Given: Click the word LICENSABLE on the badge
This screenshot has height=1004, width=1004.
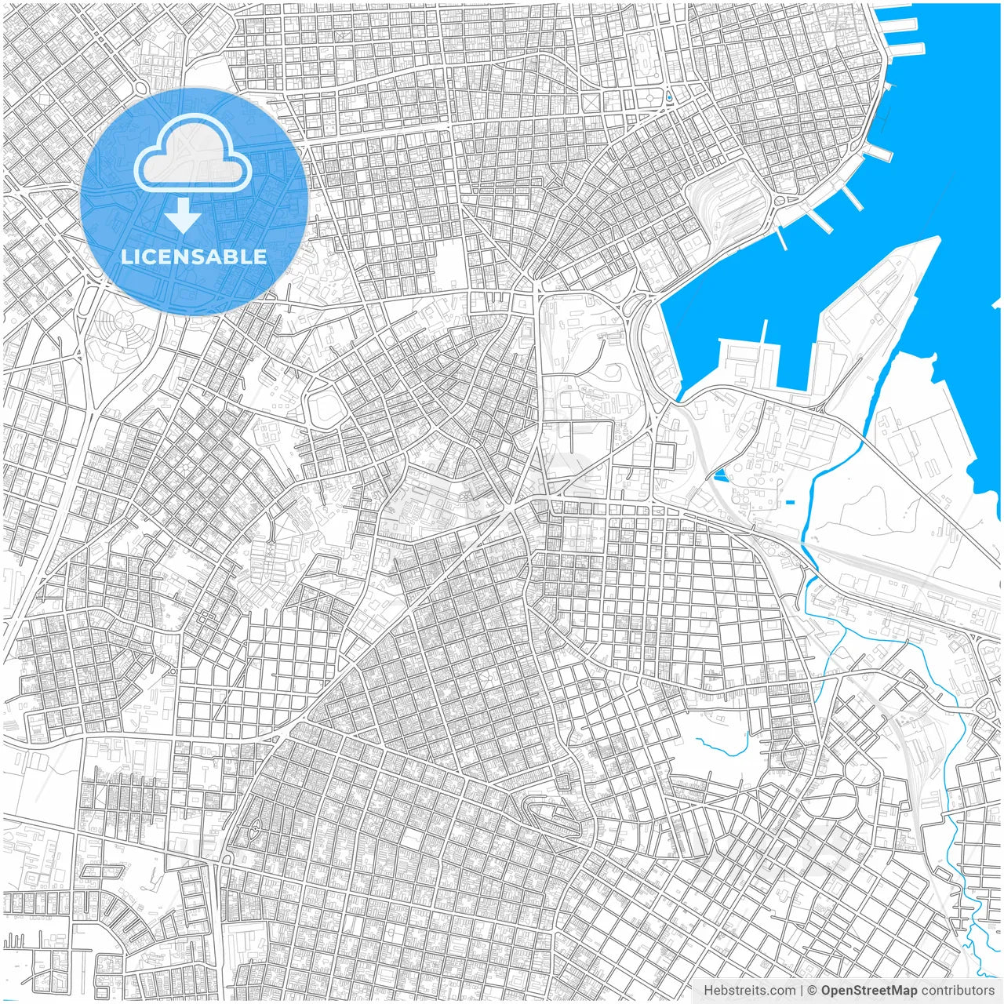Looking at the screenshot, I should [194, 256].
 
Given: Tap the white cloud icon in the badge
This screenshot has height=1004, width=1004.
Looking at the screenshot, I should [192, 154].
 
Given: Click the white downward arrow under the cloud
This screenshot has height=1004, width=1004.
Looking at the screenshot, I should [183, 215].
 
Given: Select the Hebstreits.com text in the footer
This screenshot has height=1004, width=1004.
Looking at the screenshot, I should [749, 991].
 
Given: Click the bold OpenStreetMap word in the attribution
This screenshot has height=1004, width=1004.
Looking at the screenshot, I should [869, 991].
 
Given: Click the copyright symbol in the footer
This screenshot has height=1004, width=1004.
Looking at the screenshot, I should [813, 991].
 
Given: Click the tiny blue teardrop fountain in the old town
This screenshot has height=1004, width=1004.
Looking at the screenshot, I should [668, 97].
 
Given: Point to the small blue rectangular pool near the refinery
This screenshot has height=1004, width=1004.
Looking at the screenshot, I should [789, 502].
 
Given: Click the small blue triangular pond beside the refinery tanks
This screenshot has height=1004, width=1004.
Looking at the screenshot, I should [720, 475].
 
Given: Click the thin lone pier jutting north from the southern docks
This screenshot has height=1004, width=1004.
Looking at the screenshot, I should [764, 333].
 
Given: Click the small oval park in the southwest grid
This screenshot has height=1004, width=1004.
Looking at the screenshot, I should [256, 827].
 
